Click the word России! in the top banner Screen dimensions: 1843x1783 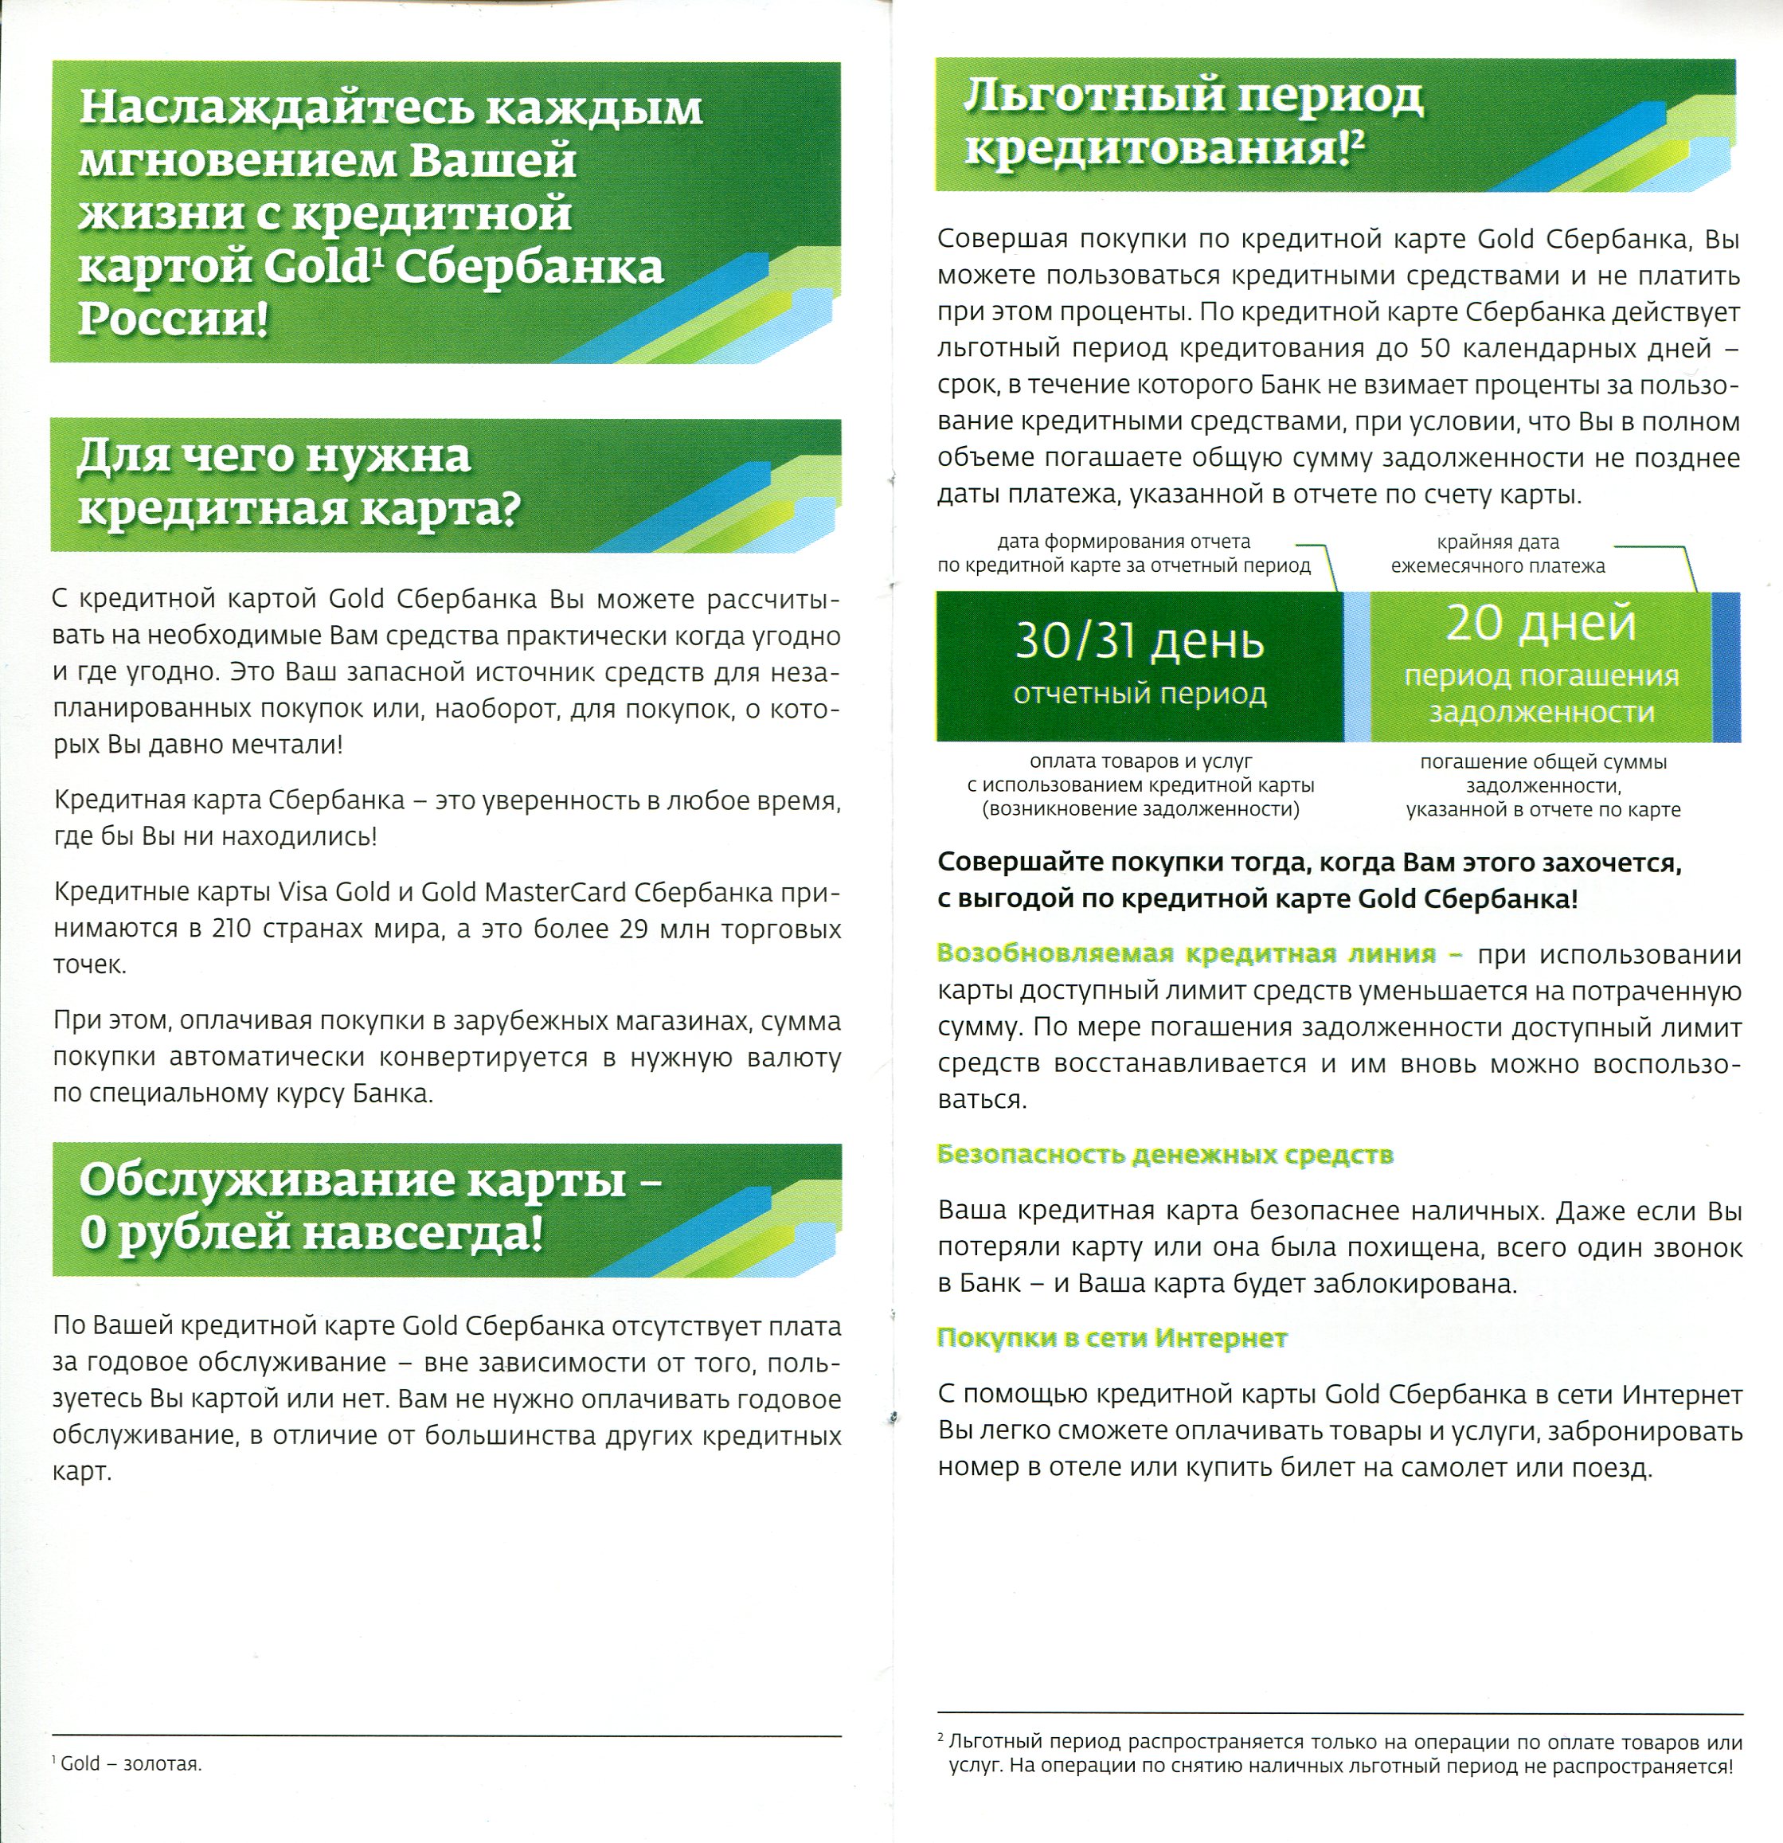tap(173, 319)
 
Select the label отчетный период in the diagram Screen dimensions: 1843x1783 tap(1139, 693)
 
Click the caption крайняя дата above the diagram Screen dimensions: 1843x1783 tap(1497, 542)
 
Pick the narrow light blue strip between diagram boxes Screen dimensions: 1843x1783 tap(1356, 667)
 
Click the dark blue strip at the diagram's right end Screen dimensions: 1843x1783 tap(1726, 667)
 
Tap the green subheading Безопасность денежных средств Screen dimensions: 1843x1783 tap(1164, 1155)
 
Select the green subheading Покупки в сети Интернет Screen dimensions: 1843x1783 tap(1112, 1338)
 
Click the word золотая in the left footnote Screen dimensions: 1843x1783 tap(162, 1764)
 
